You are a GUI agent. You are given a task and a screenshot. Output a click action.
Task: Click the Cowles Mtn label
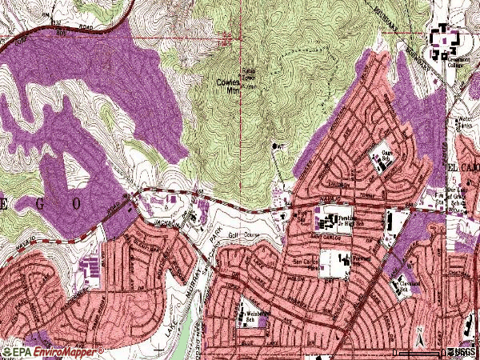(228, 86)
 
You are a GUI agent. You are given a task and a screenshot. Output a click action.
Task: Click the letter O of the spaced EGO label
(78, 203)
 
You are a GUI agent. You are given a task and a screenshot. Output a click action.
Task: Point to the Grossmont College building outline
(442, 42)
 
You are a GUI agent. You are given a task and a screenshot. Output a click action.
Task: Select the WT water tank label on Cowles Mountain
(279, 146)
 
